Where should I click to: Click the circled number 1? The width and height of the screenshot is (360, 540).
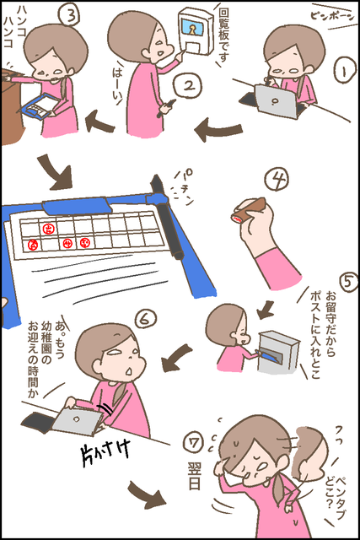(x=343, y=70)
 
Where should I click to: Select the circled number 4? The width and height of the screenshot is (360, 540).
(x=277, y=179)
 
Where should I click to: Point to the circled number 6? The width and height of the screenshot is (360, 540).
(x=146, y=319)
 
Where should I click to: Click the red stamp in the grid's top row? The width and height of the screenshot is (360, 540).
(x=47, y=229)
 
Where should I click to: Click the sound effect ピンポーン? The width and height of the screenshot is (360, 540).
(x=331, y=16)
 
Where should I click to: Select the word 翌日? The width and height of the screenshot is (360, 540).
(x=194, y=476)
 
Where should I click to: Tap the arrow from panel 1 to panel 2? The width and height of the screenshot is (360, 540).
(x=218, y=130)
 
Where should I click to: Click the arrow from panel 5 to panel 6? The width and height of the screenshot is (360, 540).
(x=176, y=358)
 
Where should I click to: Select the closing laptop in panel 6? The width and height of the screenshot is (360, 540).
(x=78, y=419)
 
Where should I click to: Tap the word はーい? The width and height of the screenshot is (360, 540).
(x=117, y=84)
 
